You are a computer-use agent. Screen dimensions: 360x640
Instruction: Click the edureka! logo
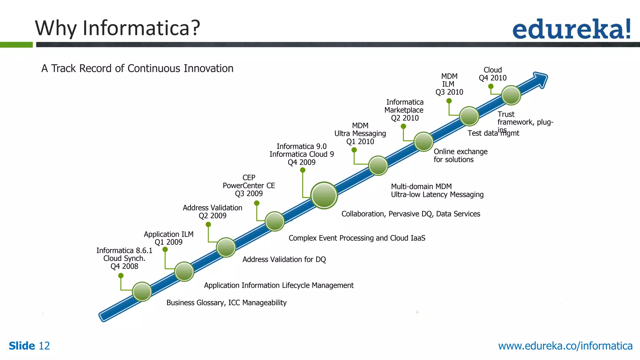pos(571,29)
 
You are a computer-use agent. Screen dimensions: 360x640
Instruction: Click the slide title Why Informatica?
pos(117,28)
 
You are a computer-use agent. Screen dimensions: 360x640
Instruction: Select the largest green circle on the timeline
pos(324,195)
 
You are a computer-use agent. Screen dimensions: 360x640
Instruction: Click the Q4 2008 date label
pos(124,266)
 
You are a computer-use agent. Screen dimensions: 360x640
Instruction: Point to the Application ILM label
pos(168,234)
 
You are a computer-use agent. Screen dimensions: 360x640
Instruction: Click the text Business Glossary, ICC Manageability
pos(226,302)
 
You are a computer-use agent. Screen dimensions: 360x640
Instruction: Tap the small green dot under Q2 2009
pos(208,224)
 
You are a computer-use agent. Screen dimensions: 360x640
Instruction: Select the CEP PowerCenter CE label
pos(249,185)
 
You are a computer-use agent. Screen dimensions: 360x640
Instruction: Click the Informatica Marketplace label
pos(404,106)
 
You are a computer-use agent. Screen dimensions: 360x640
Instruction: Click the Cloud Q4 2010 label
pos(492,74)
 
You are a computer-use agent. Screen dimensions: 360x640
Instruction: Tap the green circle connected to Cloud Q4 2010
pos(511,95)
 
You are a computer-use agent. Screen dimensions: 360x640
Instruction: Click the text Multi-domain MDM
pos(421,186)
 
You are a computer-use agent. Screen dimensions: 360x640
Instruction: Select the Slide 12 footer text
pos(29,346)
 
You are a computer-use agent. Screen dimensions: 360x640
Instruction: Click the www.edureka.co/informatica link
pos(565,346)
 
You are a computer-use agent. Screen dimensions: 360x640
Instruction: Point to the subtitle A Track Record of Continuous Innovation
pos(137,68)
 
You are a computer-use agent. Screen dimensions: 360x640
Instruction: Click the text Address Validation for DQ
pos(284,259)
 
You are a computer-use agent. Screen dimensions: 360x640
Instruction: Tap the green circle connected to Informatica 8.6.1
pos(142,291)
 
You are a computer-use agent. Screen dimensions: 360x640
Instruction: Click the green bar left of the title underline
pos(16,45)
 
